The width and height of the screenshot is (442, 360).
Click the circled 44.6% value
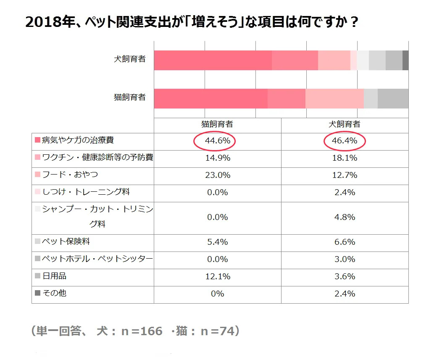217,141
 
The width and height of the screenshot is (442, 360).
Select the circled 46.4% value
345,141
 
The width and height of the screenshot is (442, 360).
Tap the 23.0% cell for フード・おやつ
217,175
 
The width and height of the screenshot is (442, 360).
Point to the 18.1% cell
345,158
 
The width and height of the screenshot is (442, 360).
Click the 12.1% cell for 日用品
217,277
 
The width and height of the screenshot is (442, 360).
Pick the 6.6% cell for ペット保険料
345,242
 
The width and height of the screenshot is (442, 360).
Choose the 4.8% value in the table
345,217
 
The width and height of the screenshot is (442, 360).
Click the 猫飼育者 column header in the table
217,124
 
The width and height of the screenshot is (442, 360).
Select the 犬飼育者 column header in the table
345,124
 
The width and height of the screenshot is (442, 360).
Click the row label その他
55,293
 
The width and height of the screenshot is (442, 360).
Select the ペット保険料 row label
66,241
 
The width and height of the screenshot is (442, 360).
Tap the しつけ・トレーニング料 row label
86,192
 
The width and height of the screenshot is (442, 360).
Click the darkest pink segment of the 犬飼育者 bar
213,60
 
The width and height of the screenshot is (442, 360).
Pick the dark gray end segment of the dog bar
405,60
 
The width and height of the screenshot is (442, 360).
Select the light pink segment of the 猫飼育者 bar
334,98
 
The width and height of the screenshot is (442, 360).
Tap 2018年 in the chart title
42,22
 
